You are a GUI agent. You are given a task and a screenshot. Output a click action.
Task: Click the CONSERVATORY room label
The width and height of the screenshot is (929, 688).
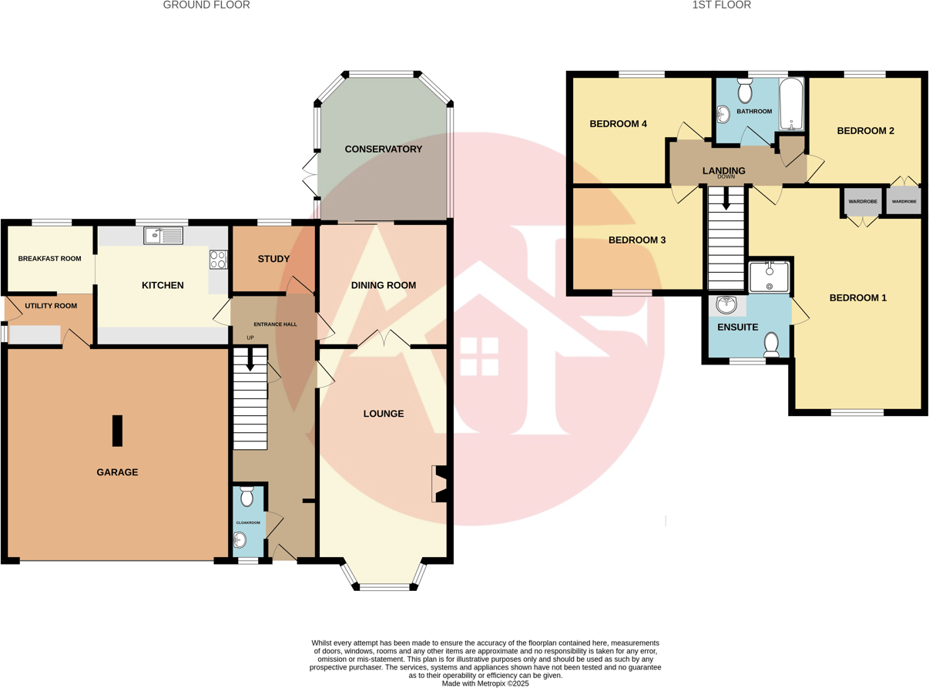(x=383, y=149)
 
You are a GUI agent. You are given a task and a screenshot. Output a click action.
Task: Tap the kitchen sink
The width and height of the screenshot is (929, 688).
(x=163, y=236)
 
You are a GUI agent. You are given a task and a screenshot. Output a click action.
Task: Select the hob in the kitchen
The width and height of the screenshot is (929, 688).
(x=218, y=260)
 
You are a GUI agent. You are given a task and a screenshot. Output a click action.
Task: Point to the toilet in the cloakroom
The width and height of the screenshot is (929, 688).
(x=247, y=497)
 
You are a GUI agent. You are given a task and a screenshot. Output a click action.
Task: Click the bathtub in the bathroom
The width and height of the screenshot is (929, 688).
(x=791, y=104)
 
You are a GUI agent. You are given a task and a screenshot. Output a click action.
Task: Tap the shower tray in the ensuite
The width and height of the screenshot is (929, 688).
(x=769, y=277)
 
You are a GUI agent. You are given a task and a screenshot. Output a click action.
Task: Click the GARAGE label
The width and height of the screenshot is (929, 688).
(x=117, y=472)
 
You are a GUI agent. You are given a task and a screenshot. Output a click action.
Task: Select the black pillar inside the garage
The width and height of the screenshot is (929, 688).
(x=117, y=431)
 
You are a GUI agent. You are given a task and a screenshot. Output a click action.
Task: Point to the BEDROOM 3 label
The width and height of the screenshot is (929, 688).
(x=637, y=240)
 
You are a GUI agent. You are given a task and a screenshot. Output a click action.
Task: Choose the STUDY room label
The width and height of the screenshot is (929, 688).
(x=273, y=259)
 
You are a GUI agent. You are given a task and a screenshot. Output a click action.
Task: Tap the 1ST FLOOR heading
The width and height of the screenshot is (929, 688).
(x=721, y=5)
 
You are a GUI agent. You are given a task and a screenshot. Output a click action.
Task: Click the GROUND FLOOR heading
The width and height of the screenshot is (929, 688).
(x=206, y=5)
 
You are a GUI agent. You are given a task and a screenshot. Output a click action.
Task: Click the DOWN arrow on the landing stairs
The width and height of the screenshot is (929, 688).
(x=726, y=200)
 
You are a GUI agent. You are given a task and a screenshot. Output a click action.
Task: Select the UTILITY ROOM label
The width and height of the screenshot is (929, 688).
(x=51, y=306)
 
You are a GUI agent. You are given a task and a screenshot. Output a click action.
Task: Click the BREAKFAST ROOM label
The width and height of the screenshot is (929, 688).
(x=49, y=259)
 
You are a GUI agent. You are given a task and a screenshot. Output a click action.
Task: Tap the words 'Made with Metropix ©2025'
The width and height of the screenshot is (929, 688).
(x=485, y=683)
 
